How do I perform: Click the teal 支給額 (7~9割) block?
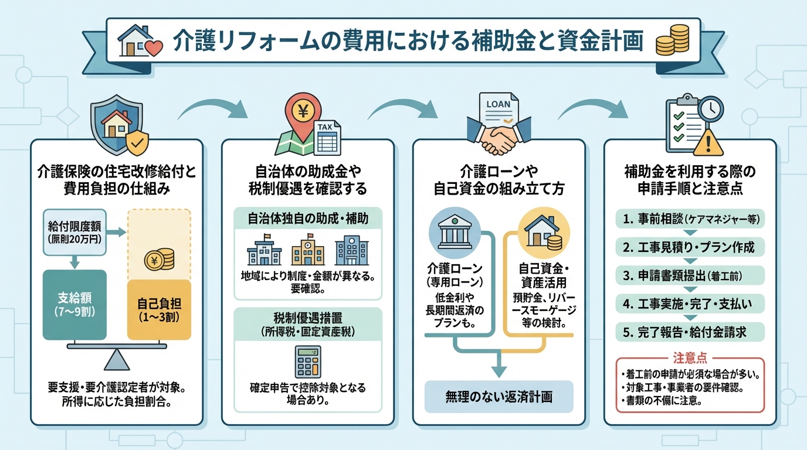(74, 305)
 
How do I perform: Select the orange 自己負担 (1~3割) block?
(159, 311)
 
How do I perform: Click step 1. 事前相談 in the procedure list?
(690, 219)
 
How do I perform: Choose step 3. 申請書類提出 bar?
(690, 275)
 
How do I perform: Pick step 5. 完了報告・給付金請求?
(690, 332)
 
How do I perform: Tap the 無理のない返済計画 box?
(499, 397)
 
